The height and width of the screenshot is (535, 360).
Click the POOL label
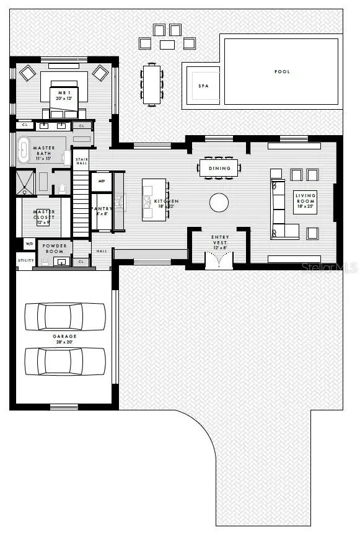click(x=282, y=72)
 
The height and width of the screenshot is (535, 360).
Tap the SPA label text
click(x=203, y=86)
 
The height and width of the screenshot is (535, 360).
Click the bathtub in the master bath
click(x=24, y=151)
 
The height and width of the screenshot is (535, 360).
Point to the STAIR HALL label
click(x=81, y=161)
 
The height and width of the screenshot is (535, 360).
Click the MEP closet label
click(x=101, y=182)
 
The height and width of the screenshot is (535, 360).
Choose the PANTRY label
click(x=102, y=211)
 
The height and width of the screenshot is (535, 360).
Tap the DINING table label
click(x=219, y=168)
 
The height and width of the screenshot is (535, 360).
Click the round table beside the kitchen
click(x=219, y=202)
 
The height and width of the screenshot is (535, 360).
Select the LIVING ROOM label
click(x=305, y=201)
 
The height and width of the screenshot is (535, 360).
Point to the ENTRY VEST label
click(x=219, y=241)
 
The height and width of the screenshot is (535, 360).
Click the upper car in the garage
click(x=65, y=316)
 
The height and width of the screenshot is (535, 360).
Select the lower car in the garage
click(x=65, y=361)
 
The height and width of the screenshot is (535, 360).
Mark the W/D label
click(x=29, y=244)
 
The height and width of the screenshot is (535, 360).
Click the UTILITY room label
click(x=25, y=260)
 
